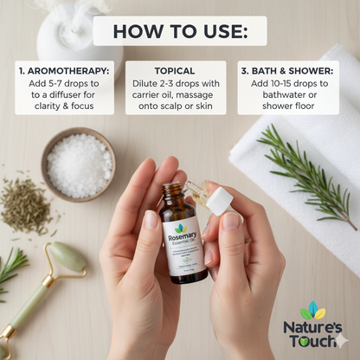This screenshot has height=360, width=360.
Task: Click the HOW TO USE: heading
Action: (x=179, y=33)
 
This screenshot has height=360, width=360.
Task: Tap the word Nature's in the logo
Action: (x=312, y=328)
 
